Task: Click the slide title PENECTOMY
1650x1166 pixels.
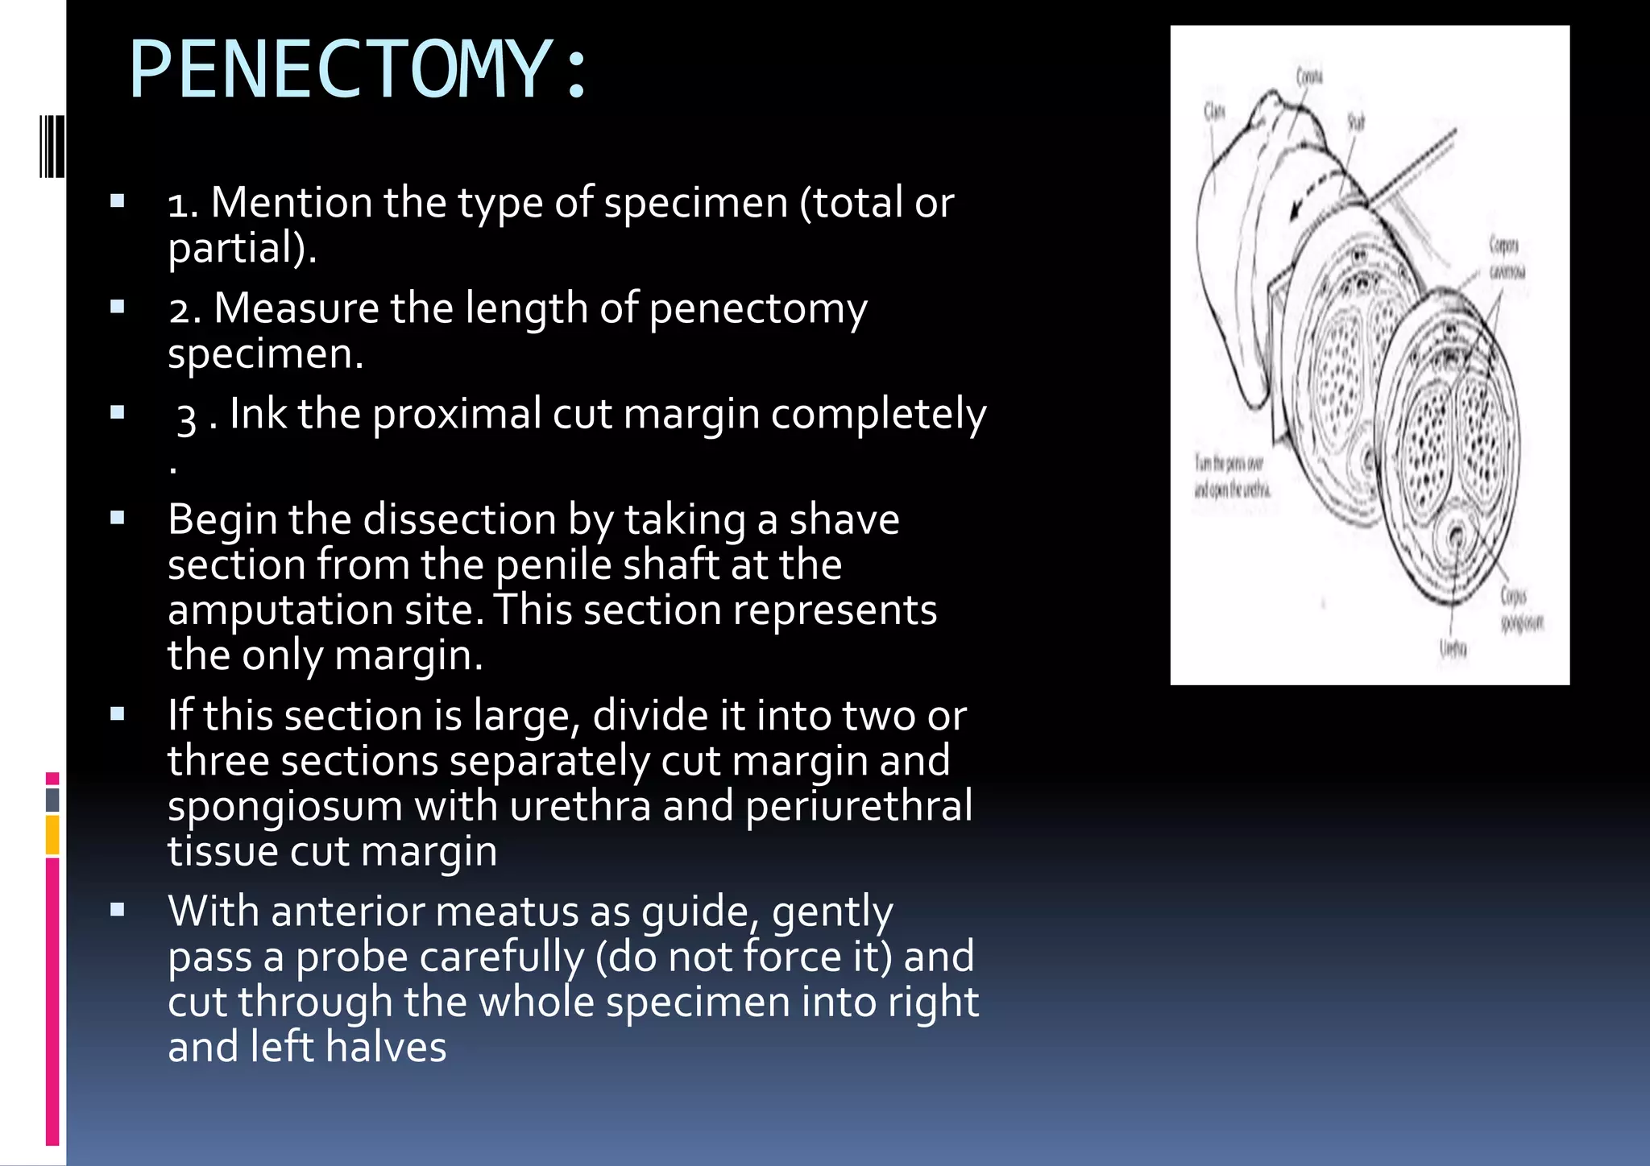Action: pos(359,71)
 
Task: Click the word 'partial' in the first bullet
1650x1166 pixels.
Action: pos(236,248)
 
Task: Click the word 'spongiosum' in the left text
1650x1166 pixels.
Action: pos(284,807)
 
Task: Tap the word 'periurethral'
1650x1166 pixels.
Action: pos(859,807)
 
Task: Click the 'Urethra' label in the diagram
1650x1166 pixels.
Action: pos(1453,647)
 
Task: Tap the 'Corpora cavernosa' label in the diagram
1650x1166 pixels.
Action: pos(1505,258)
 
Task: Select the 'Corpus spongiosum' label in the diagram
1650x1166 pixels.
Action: pos(1519,609)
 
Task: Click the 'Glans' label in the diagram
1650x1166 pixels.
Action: pos(1214,111)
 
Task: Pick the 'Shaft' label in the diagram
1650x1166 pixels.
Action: pos(1356,122)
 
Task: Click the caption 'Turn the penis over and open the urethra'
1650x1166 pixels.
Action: pos(1230,476)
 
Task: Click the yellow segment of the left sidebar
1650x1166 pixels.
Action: pos(52,835)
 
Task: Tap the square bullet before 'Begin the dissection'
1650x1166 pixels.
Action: pos(118,519)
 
